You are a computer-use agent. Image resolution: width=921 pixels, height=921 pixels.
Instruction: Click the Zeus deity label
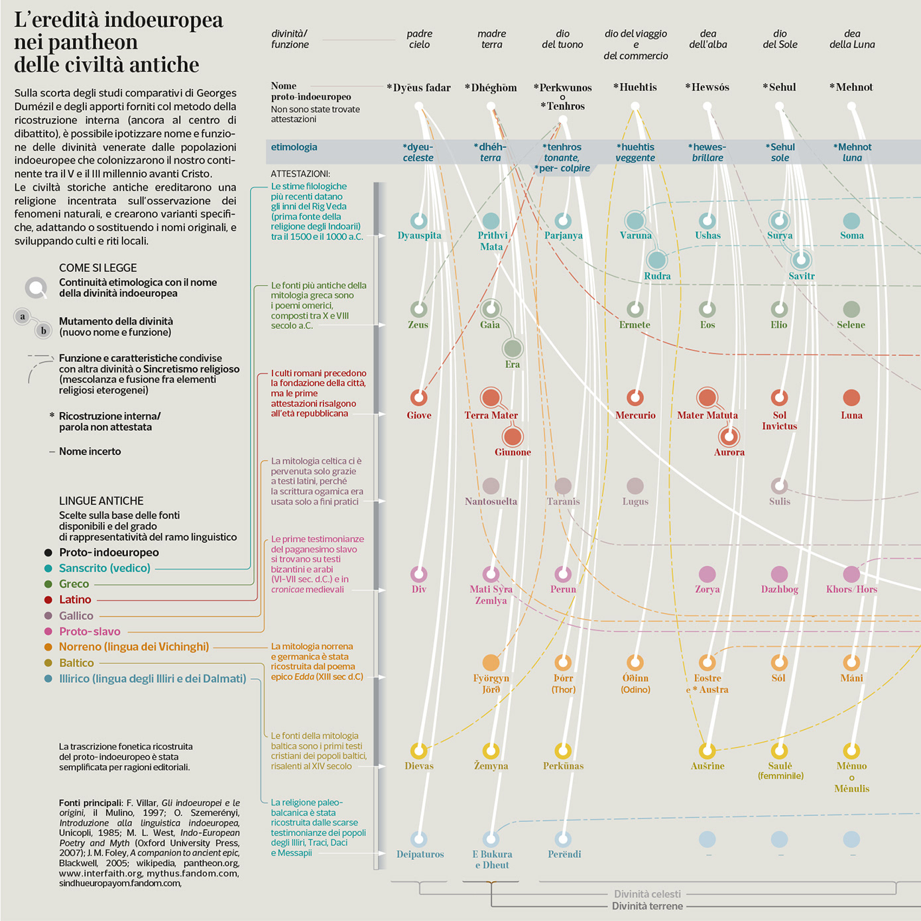click(x=418, y=325)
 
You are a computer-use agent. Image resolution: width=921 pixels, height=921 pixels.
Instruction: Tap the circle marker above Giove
click(x=418, y=397)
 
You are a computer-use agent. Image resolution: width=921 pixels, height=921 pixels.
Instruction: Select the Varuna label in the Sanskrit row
click(x=635, y=235)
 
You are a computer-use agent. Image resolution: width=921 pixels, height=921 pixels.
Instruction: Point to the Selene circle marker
click(x=851, y=308)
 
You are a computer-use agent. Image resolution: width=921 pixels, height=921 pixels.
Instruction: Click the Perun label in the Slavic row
click(x=563, y=589)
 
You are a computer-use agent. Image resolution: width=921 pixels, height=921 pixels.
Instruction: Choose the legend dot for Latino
click(x=48, y=600)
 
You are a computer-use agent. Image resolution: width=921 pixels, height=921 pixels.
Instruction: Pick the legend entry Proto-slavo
click(x=90, y=632)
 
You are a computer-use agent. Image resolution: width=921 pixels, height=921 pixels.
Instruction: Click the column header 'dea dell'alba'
click(x=707, y=39)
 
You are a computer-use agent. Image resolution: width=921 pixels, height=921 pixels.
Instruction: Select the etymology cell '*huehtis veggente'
click(x=635, y=153)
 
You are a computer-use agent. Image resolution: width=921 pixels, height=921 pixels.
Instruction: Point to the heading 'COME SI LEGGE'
click(x=97, y=268)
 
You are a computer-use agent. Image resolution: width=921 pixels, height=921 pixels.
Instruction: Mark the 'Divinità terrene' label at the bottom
click(x=646, y=906)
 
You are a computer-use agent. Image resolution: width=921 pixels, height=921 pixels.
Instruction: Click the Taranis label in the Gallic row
click(x=563, y=502)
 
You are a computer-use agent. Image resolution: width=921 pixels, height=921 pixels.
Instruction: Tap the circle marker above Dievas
click(x=418, y=751)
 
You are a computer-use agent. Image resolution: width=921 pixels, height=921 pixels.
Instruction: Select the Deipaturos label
click(x=420, y=855)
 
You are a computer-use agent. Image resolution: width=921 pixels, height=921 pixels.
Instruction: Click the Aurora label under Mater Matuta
click(x=729, y=452)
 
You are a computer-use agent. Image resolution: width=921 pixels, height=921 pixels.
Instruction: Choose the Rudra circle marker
click(x=656, y=259)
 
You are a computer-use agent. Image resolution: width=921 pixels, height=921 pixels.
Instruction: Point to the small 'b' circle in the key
click(x=44, y=330)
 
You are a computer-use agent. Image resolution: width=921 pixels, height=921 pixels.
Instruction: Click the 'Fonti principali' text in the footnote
click(x=90, y=803)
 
